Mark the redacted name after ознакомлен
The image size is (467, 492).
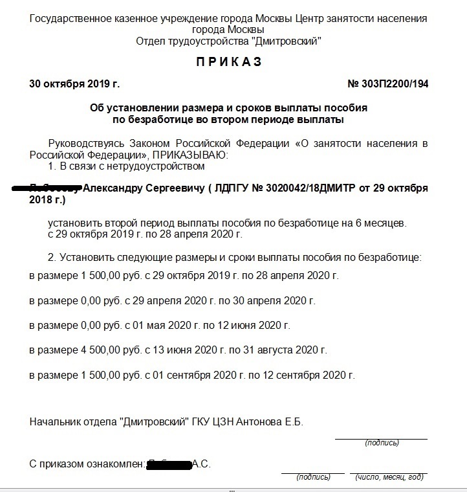coord(169,464)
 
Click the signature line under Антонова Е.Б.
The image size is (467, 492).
coord(381,439)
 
